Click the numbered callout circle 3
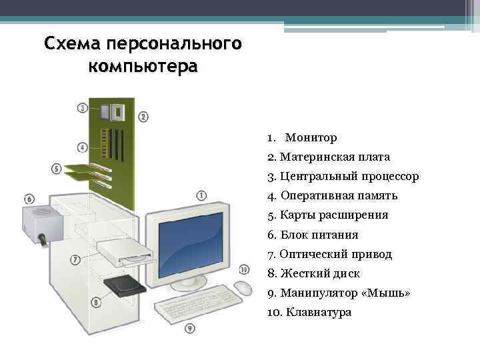pyautogui.click(x=83, y=107)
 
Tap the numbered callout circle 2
pyautogui.click(x=143, y=117)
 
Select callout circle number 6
pyautogui.click(x=29, y=199)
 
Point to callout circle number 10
pyautogui.click(x=244, y=270)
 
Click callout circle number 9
pyautogui.click(x=190, y=328)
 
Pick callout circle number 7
pyautogui.click(x=75, y=259)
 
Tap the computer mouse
pyautogui.click(x=243, y=288)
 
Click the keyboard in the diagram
pyautogui.click(x=198, y=303)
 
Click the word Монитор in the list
pyautogui.click(x=311, y=138)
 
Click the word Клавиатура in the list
pyautogui.click(x=318, y=312)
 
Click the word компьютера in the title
pyautogui.click(x=143, y=67)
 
